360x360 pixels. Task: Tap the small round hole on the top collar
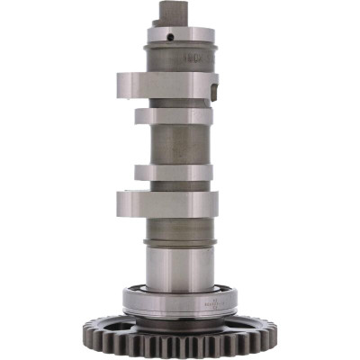(171, 38)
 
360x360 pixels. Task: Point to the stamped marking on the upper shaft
(192, 55)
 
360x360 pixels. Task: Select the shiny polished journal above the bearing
(181, 265)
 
